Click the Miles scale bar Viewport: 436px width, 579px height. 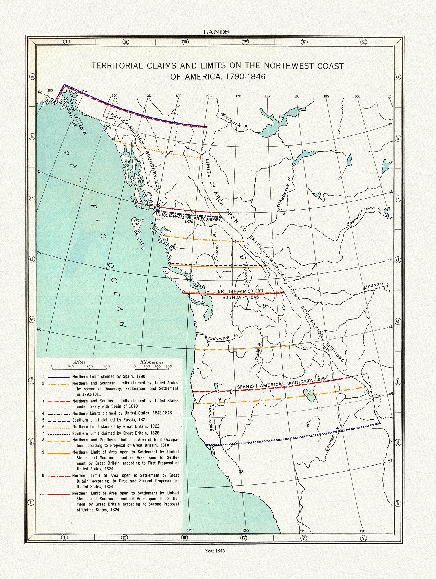pos(79,366)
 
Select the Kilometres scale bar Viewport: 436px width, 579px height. pos(152,366)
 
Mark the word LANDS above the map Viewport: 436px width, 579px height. pos(216,32)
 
